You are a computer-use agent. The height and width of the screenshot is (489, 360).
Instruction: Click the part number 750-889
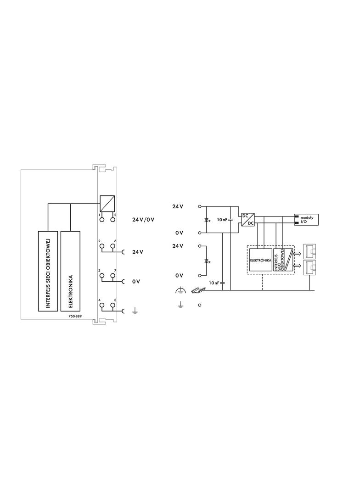[75, 316]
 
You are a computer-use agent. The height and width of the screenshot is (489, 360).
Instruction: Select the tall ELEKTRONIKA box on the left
[71, 271]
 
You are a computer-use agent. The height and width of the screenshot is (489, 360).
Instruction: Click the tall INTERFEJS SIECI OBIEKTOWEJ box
[48, 271]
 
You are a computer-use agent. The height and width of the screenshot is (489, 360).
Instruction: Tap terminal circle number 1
[102, 220]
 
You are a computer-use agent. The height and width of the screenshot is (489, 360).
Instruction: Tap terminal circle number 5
[112, 220]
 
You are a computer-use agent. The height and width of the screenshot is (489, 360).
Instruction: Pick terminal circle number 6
[112, 246]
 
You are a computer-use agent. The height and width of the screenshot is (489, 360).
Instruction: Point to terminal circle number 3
[102, 276]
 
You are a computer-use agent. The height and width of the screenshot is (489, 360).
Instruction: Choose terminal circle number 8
[112, 306]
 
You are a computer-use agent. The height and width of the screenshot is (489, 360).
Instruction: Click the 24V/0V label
[143, 220]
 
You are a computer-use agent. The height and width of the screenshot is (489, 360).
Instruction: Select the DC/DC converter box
[247, 220]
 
